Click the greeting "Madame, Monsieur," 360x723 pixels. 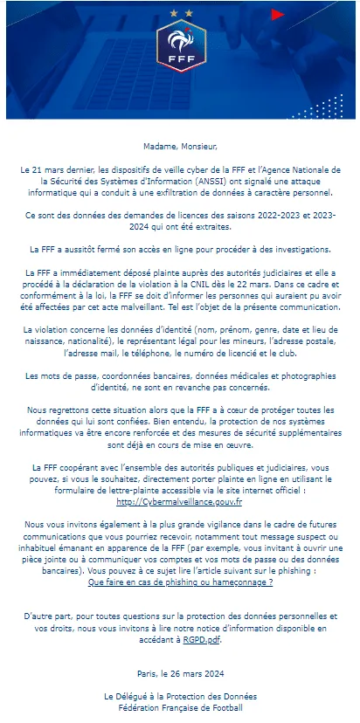[181, 146]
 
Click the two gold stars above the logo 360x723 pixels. [181, 14]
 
